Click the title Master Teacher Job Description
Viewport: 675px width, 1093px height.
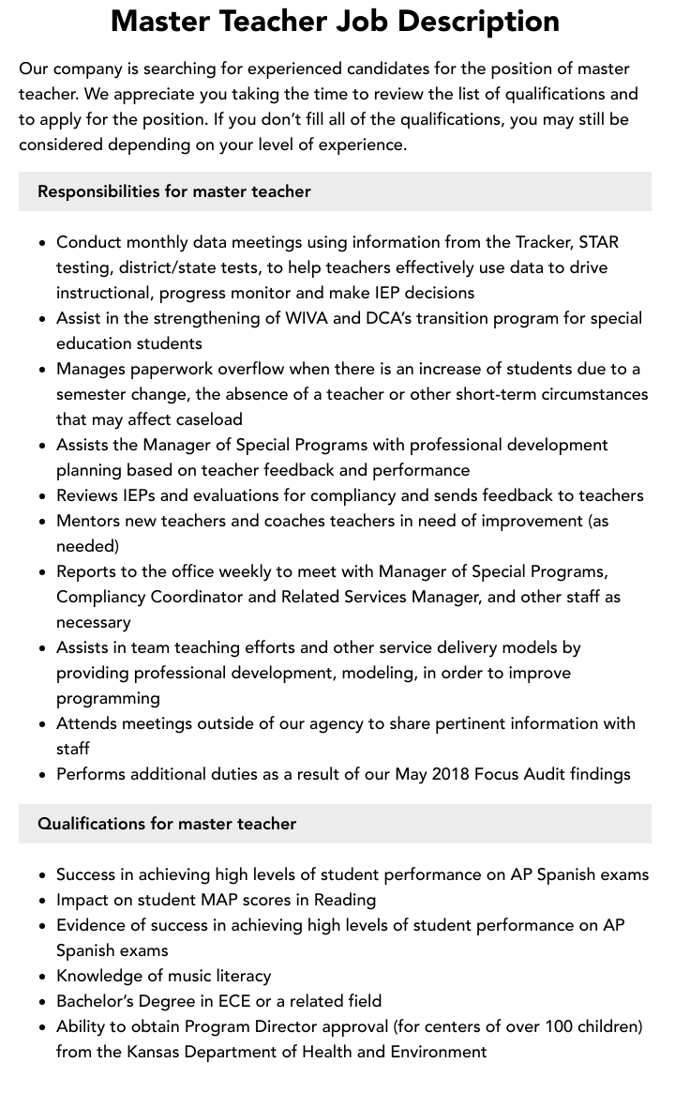click(x=335, y=20)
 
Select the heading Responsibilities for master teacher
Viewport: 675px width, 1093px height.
click(x=173, y=191)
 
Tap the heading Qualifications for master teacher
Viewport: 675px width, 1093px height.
click(x=167, y=824)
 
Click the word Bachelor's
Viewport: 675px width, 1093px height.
click(x=98, y=1001)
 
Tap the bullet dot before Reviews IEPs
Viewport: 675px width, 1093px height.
click(x=43, y=496)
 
